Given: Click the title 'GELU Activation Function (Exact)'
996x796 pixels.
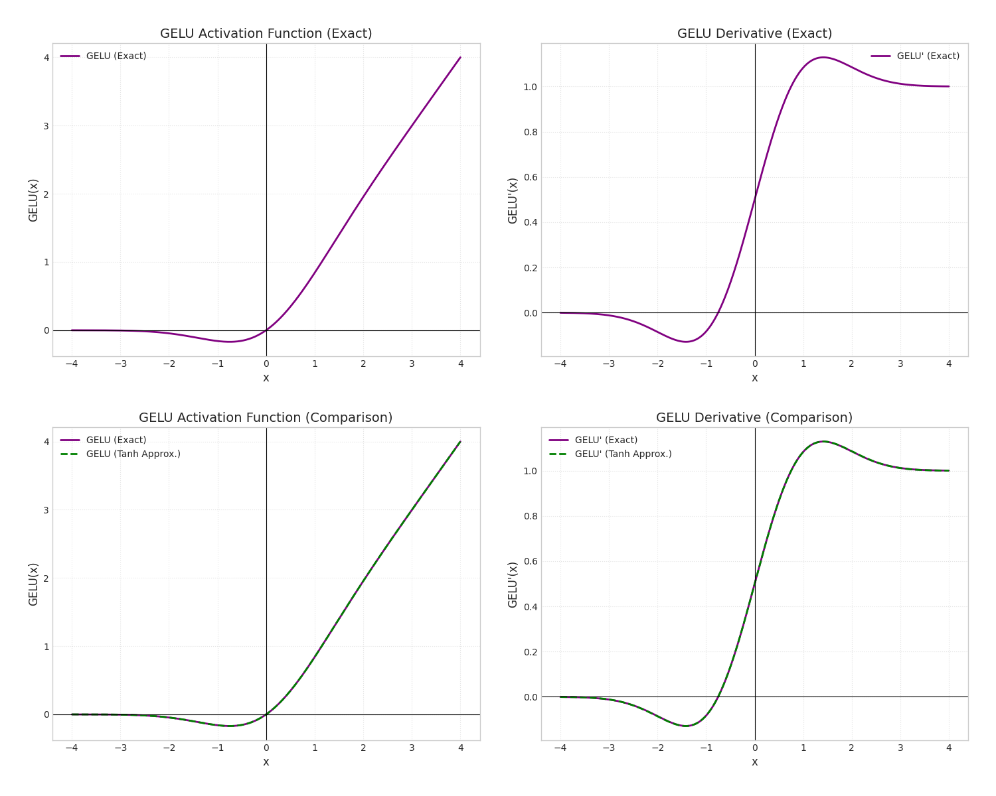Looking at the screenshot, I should click(266, 34).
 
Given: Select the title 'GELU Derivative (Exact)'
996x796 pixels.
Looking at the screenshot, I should click(754, 34).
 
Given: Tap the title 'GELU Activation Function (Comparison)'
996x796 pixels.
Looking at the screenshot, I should click(266, 418).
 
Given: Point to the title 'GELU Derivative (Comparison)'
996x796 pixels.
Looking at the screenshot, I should click(754, 418).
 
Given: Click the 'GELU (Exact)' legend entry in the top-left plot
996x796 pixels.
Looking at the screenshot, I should click(116, 56).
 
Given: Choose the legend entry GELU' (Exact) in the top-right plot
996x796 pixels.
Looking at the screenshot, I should click(928, 56).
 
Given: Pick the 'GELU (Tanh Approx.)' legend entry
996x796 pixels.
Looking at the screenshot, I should click(133, 454).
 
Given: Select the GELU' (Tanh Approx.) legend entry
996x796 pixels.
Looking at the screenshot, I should click(623, 454).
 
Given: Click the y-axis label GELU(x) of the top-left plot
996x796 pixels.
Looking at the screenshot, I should click(33, 200).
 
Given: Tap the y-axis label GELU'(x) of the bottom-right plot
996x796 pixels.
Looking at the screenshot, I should click(513, 584).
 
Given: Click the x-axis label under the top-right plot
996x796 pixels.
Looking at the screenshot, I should click(754, 378).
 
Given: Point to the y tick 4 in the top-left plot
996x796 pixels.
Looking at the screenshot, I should click(46, 58).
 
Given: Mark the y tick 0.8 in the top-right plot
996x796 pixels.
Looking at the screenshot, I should click(530, 132).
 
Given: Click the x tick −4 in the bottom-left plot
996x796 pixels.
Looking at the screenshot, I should click(72, 748).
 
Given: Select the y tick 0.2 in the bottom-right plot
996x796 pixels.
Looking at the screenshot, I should click(530, 652).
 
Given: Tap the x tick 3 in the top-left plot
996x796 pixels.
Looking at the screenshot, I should click(412, 364).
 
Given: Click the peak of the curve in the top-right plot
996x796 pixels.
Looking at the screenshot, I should click(823, 57).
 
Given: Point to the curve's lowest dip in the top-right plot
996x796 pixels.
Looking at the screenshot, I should click(686, 342).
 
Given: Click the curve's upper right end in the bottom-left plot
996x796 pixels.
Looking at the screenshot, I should click(460, 442).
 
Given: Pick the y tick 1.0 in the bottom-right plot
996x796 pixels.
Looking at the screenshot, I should click(530, 471).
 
